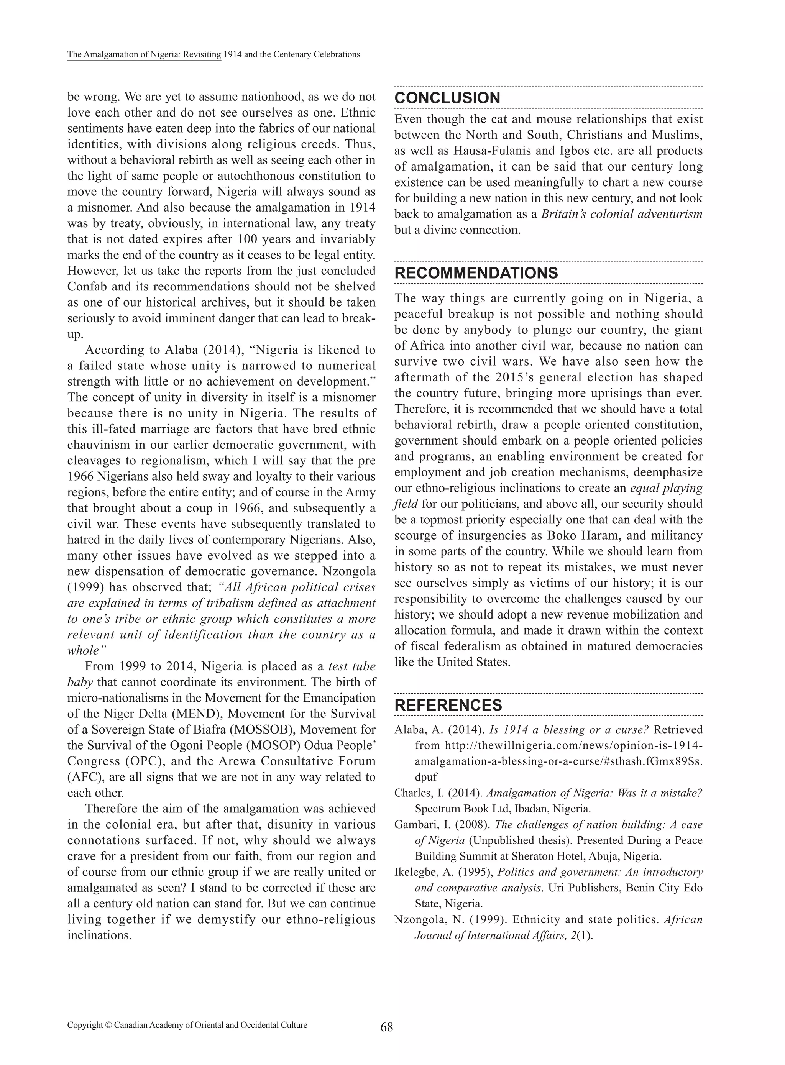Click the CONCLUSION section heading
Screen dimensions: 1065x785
point(447,98)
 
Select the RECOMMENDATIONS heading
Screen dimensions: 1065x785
point(476,273)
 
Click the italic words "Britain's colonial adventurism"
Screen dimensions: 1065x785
point(622,214)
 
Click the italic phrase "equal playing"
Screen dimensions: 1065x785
point(666,488)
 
